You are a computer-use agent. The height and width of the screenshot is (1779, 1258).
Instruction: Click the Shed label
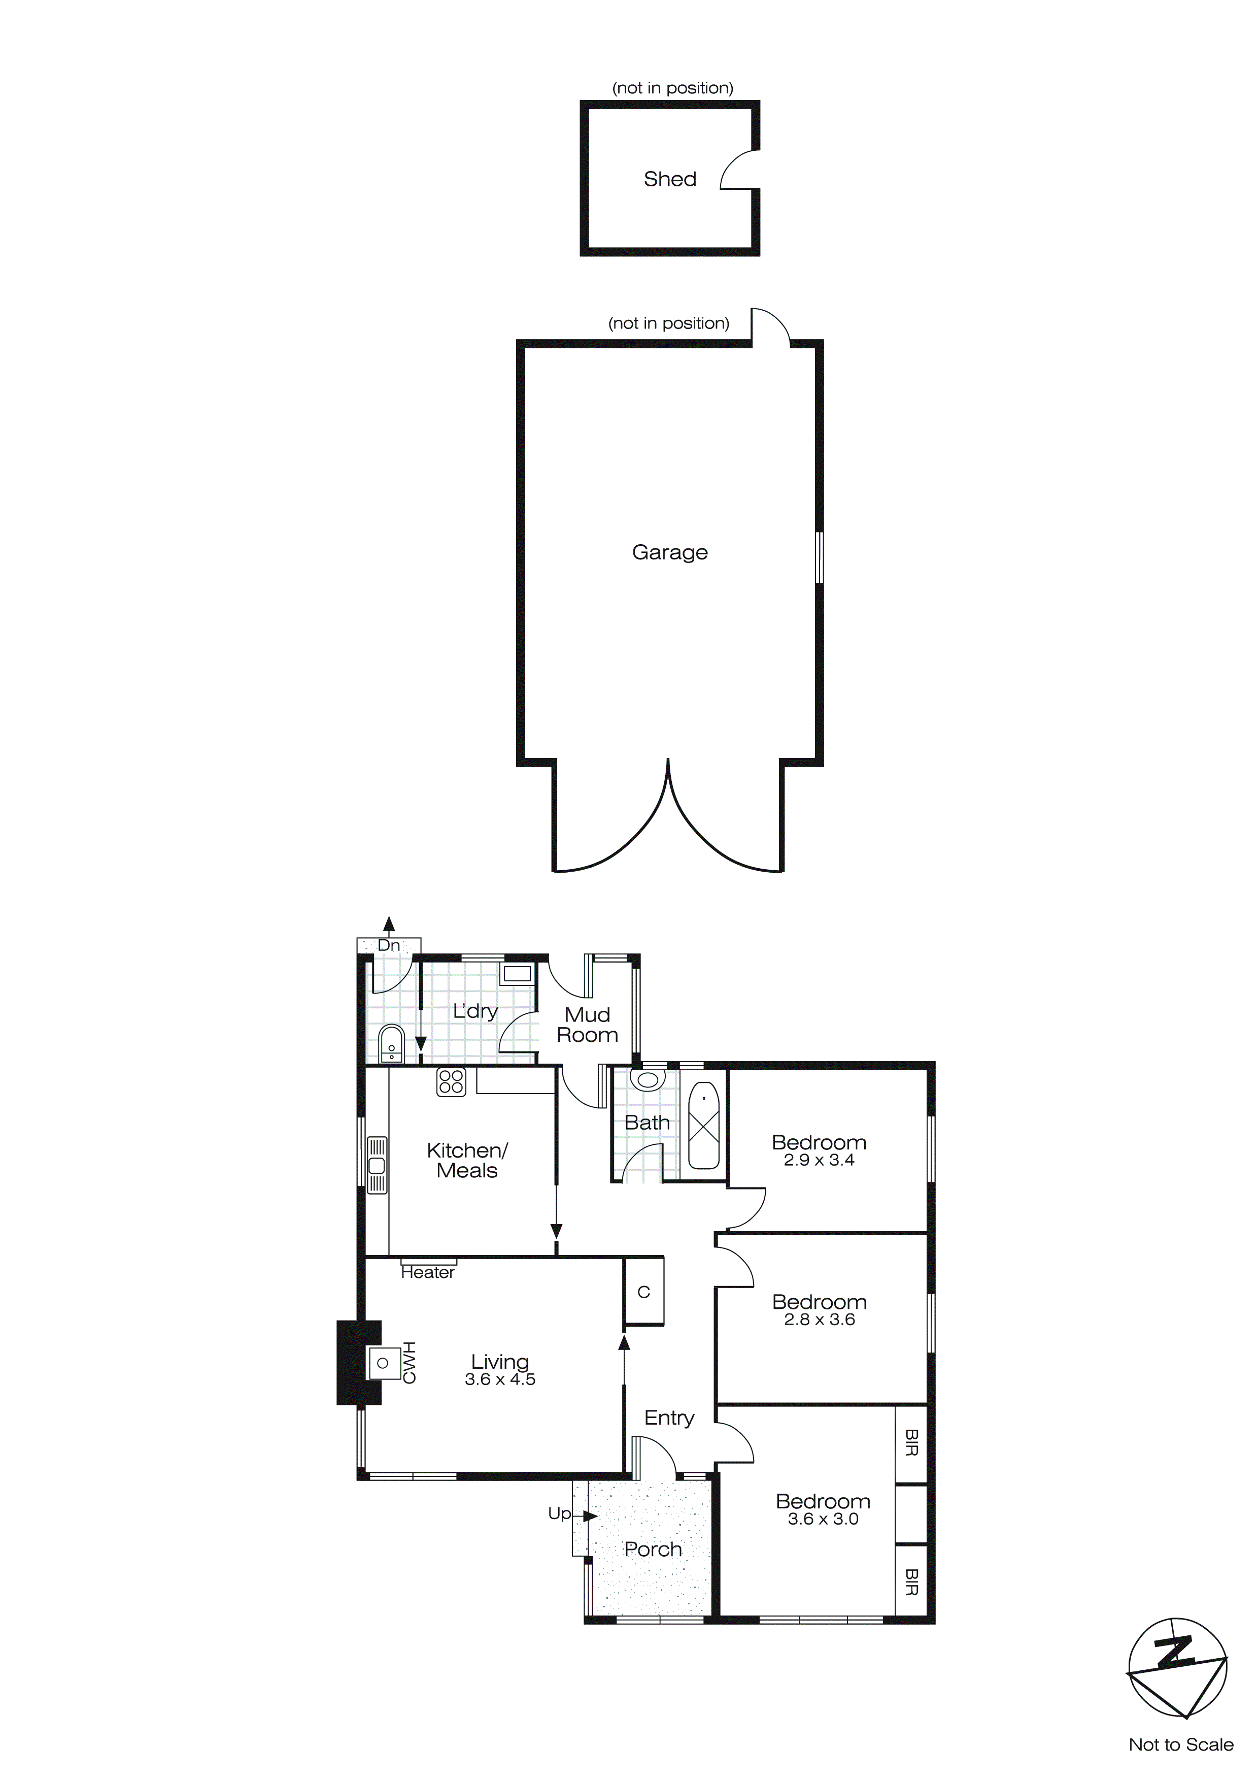[670, 179]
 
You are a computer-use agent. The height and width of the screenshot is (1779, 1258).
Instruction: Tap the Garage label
[670, 552]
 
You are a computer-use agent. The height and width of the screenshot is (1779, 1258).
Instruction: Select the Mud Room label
[587, 1025]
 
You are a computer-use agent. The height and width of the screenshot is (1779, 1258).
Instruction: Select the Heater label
[428, 1272]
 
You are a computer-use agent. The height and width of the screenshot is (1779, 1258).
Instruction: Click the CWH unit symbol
[382, 1362]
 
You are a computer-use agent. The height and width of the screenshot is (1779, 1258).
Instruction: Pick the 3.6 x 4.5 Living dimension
[500, 1379]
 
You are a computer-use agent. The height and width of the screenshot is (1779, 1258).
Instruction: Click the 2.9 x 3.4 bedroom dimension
[819, 1160]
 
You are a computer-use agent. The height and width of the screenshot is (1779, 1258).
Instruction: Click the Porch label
[653, 1549]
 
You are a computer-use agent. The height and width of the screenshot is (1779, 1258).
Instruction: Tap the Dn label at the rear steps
[389, 945]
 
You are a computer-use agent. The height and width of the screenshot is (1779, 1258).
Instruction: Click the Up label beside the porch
[559, 1513]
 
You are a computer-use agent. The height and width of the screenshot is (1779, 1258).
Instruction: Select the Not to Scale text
[1180, 1744]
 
